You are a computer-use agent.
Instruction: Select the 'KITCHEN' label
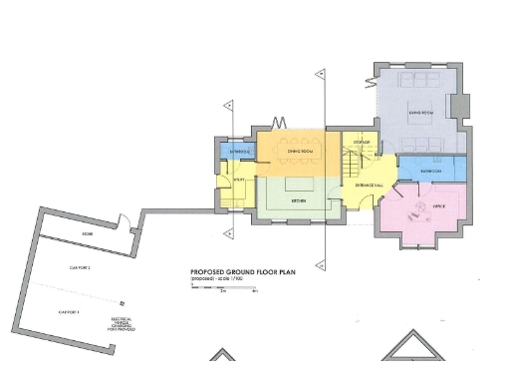coord(298,201)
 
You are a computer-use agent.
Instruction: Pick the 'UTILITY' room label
coord(240,180)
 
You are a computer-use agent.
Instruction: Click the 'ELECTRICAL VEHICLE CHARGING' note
coord(124,324)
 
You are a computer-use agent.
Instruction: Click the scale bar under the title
coord(224,288)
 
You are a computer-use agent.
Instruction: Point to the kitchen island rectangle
coord(300,185)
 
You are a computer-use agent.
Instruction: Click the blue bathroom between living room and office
coord(430,171)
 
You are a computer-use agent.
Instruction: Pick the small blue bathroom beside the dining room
coord(240,152)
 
